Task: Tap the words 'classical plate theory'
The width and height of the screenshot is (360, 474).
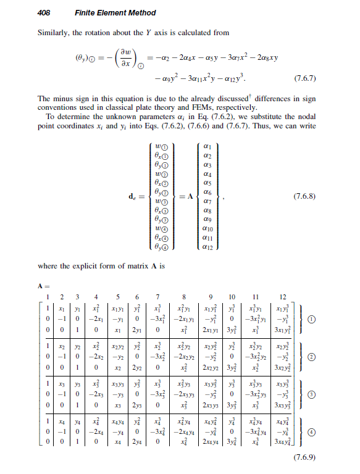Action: [x=158, y=107]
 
